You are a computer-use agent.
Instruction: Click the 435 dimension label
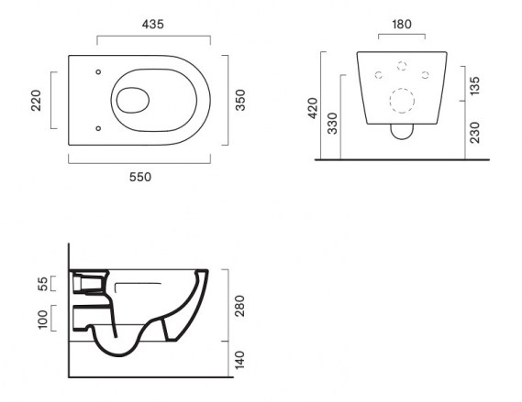(153, 24)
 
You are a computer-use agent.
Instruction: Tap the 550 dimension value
(140, 177)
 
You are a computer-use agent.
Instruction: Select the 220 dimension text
(36, 100)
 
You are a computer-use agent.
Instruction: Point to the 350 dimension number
(240, 100)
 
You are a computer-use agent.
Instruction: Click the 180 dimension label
(402, 24)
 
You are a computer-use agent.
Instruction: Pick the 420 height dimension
(313, 108)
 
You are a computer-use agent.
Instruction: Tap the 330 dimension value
(332, 124)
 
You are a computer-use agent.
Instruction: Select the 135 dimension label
(475, 86)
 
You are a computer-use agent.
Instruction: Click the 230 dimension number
(475, 133)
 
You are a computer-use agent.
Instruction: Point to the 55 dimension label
(43, 283)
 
